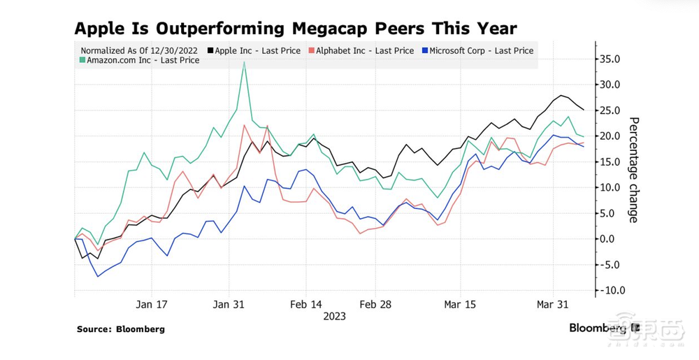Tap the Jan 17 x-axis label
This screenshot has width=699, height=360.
(x=152, y=305)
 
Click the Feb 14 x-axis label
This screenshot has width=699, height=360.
(x=306, y=305)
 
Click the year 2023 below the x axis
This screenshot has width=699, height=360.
(x=334, y=317)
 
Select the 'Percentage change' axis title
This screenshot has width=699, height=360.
(x=633, y=170)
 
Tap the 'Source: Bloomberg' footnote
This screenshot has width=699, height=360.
(x=121, y=329)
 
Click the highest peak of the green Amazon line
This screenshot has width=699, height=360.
(x=244, y=62)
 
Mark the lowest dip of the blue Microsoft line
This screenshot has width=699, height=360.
(x=98, y=276)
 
